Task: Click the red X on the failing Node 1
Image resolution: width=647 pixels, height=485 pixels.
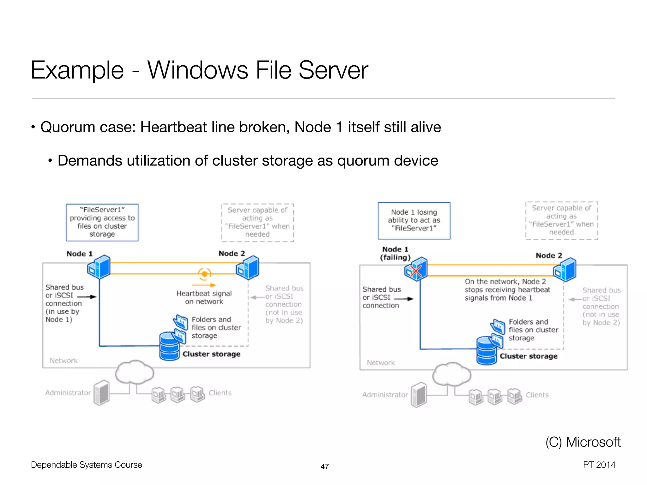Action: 416,271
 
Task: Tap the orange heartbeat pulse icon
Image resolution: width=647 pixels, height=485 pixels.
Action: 204,274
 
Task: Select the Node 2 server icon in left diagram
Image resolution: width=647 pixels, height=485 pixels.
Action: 248,268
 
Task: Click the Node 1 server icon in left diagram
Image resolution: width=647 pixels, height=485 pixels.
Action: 99,267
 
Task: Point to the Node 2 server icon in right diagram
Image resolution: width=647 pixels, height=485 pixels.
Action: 565,270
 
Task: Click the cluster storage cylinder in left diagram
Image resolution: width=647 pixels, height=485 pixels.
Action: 170,346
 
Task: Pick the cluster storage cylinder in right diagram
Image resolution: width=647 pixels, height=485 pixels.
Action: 487,350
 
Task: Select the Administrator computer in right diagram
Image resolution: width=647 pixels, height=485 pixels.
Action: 419,395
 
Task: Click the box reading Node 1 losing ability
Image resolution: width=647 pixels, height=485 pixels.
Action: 414,221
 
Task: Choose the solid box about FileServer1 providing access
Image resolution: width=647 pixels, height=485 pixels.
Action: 102,222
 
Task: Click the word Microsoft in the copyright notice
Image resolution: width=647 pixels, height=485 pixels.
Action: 593,442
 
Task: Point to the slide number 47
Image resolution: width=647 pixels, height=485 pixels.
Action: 324,466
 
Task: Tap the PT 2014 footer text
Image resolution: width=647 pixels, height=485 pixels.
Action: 599,464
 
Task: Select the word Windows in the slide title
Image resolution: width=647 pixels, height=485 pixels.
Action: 198,70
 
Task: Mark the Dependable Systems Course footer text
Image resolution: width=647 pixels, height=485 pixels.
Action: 86,465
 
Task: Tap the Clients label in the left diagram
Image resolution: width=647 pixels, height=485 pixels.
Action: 220,393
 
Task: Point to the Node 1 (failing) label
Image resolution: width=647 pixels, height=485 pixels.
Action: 395,253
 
